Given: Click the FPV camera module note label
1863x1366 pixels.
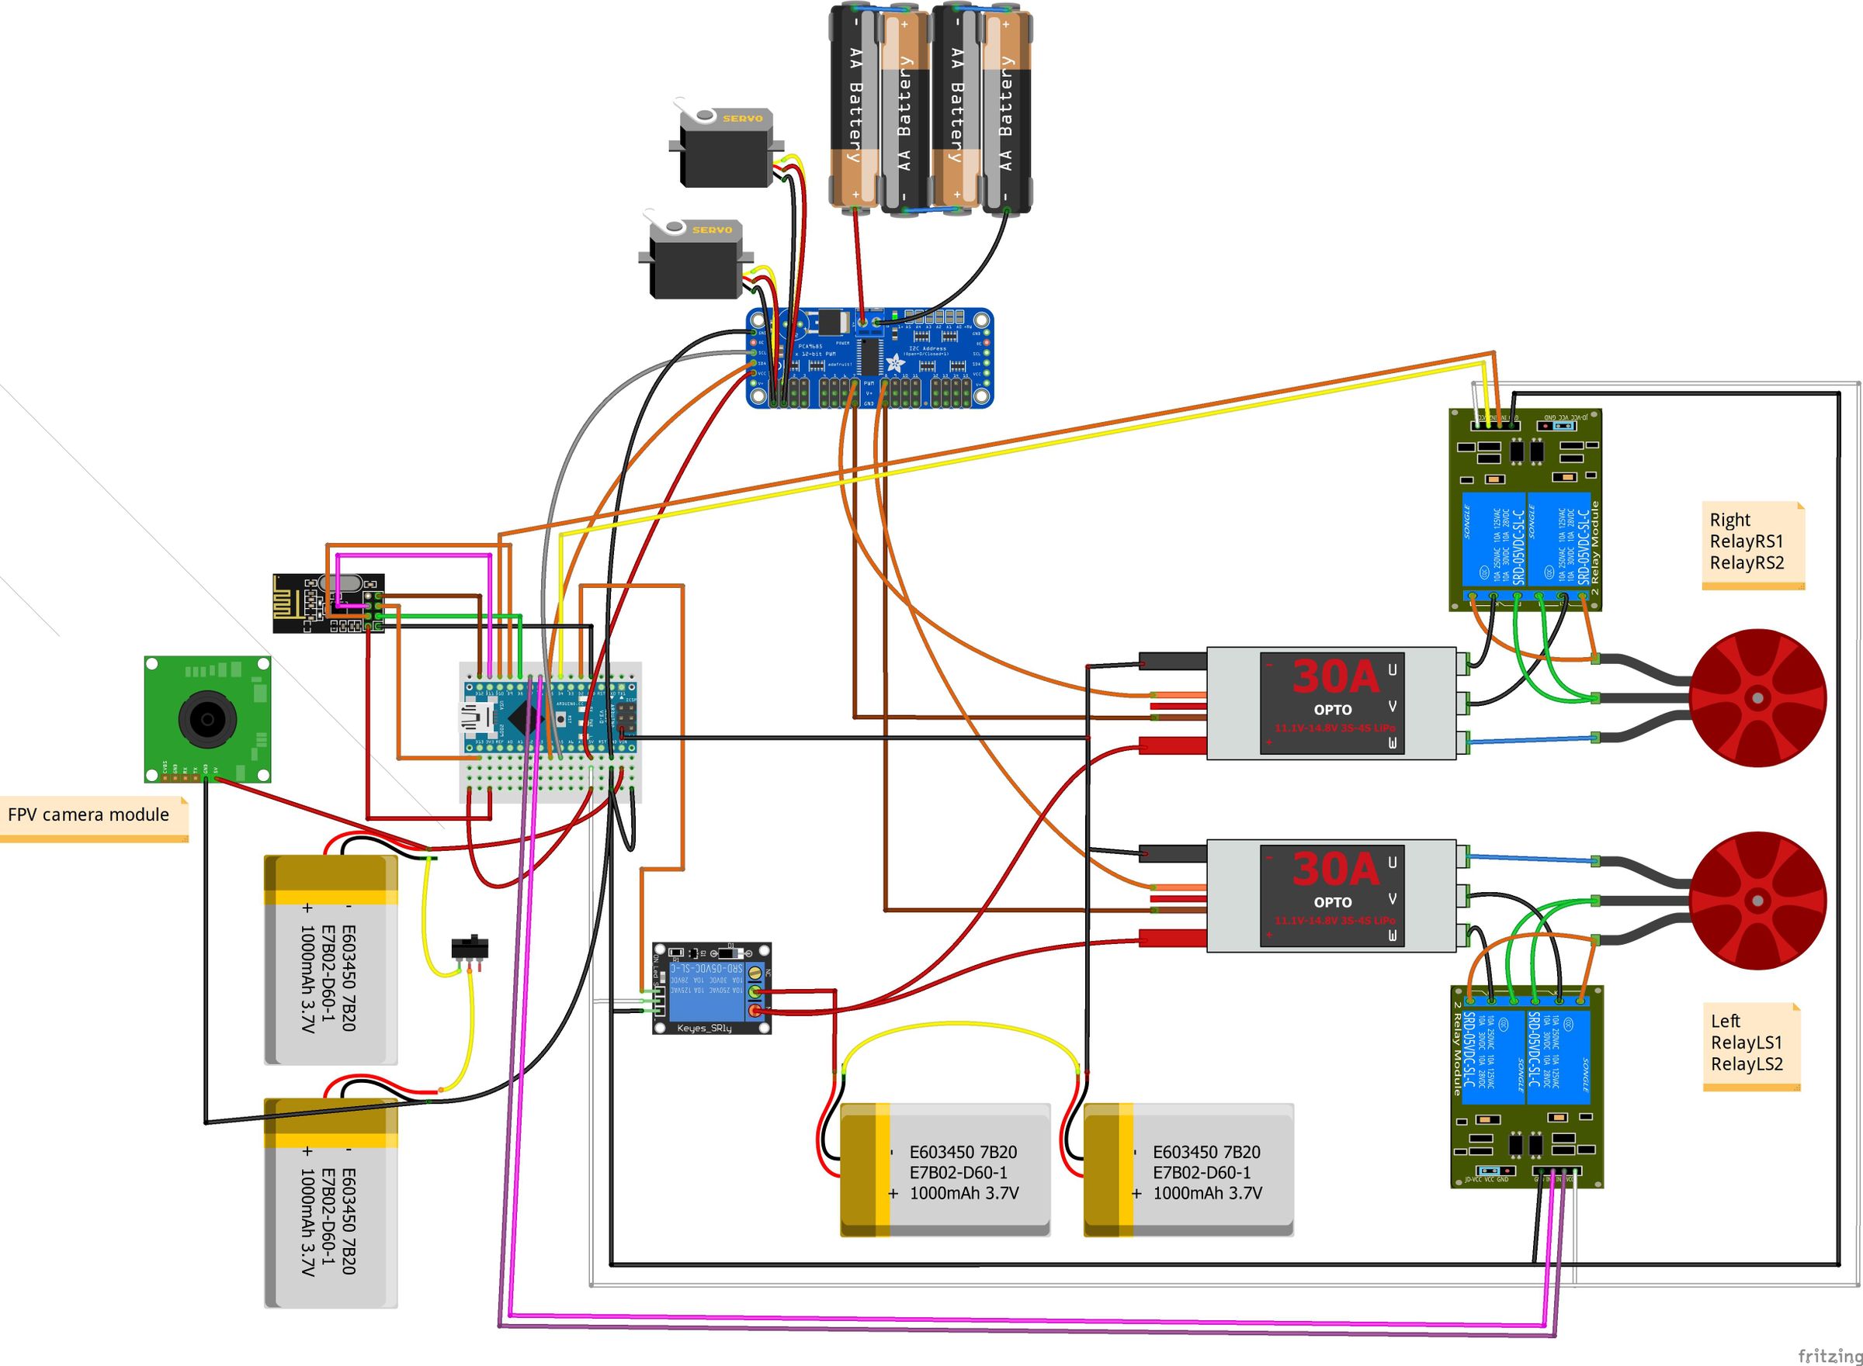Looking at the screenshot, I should point(88,815).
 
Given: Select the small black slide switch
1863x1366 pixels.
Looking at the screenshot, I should point(470,947).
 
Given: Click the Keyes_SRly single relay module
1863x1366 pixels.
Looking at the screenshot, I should point(712,988).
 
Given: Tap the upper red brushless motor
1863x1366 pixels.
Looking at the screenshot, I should point(1757,698).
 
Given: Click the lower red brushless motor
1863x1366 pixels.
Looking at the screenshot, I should point(1757,901).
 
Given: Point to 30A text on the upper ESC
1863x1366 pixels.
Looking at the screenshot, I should point(1335,676).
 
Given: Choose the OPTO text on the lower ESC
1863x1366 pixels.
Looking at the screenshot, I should point(1332,902).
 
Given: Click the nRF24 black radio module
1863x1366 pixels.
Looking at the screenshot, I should point(328,603).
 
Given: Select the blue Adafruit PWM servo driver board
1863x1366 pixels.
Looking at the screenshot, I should point(869,358).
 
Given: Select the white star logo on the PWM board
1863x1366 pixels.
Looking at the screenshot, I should point(895,362).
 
